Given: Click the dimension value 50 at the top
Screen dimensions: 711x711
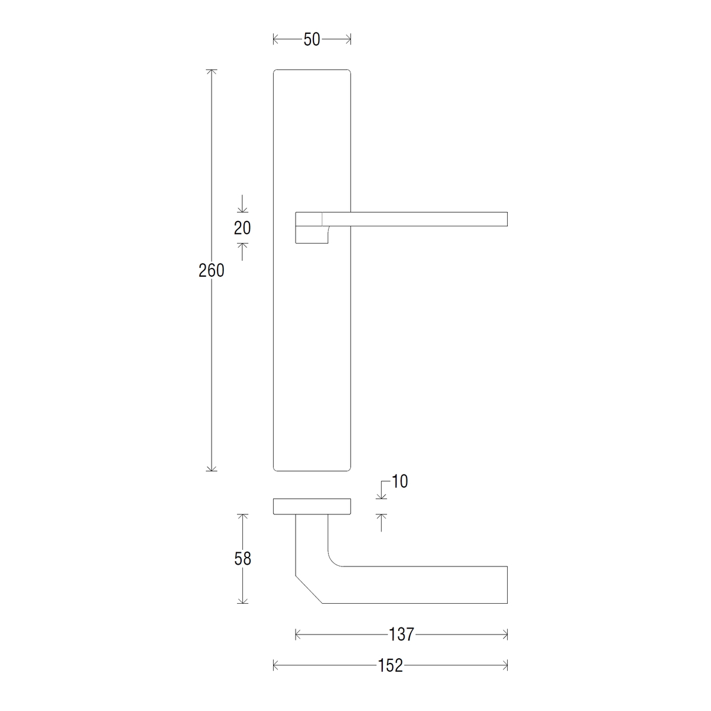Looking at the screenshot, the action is [312, 40].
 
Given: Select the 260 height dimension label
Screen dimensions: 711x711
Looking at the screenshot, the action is [212, 271].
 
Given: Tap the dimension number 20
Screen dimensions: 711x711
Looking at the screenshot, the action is [242, 228].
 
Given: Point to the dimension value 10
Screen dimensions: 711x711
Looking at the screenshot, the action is [399, 482].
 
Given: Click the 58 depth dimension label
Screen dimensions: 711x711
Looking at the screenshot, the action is [242, 559].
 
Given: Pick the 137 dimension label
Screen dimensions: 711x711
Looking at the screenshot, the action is [402, 634].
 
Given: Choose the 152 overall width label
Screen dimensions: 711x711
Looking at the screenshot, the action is [390, 665].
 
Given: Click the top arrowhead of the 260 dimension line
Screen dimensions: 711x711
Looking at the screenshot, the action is [212, 72].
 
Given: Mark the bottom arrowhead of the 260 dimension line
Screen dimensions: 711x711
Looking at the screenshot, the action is [212, 468].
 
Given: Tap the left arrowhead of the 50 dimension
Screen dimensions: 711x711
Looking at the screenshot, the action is [276, 39].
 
